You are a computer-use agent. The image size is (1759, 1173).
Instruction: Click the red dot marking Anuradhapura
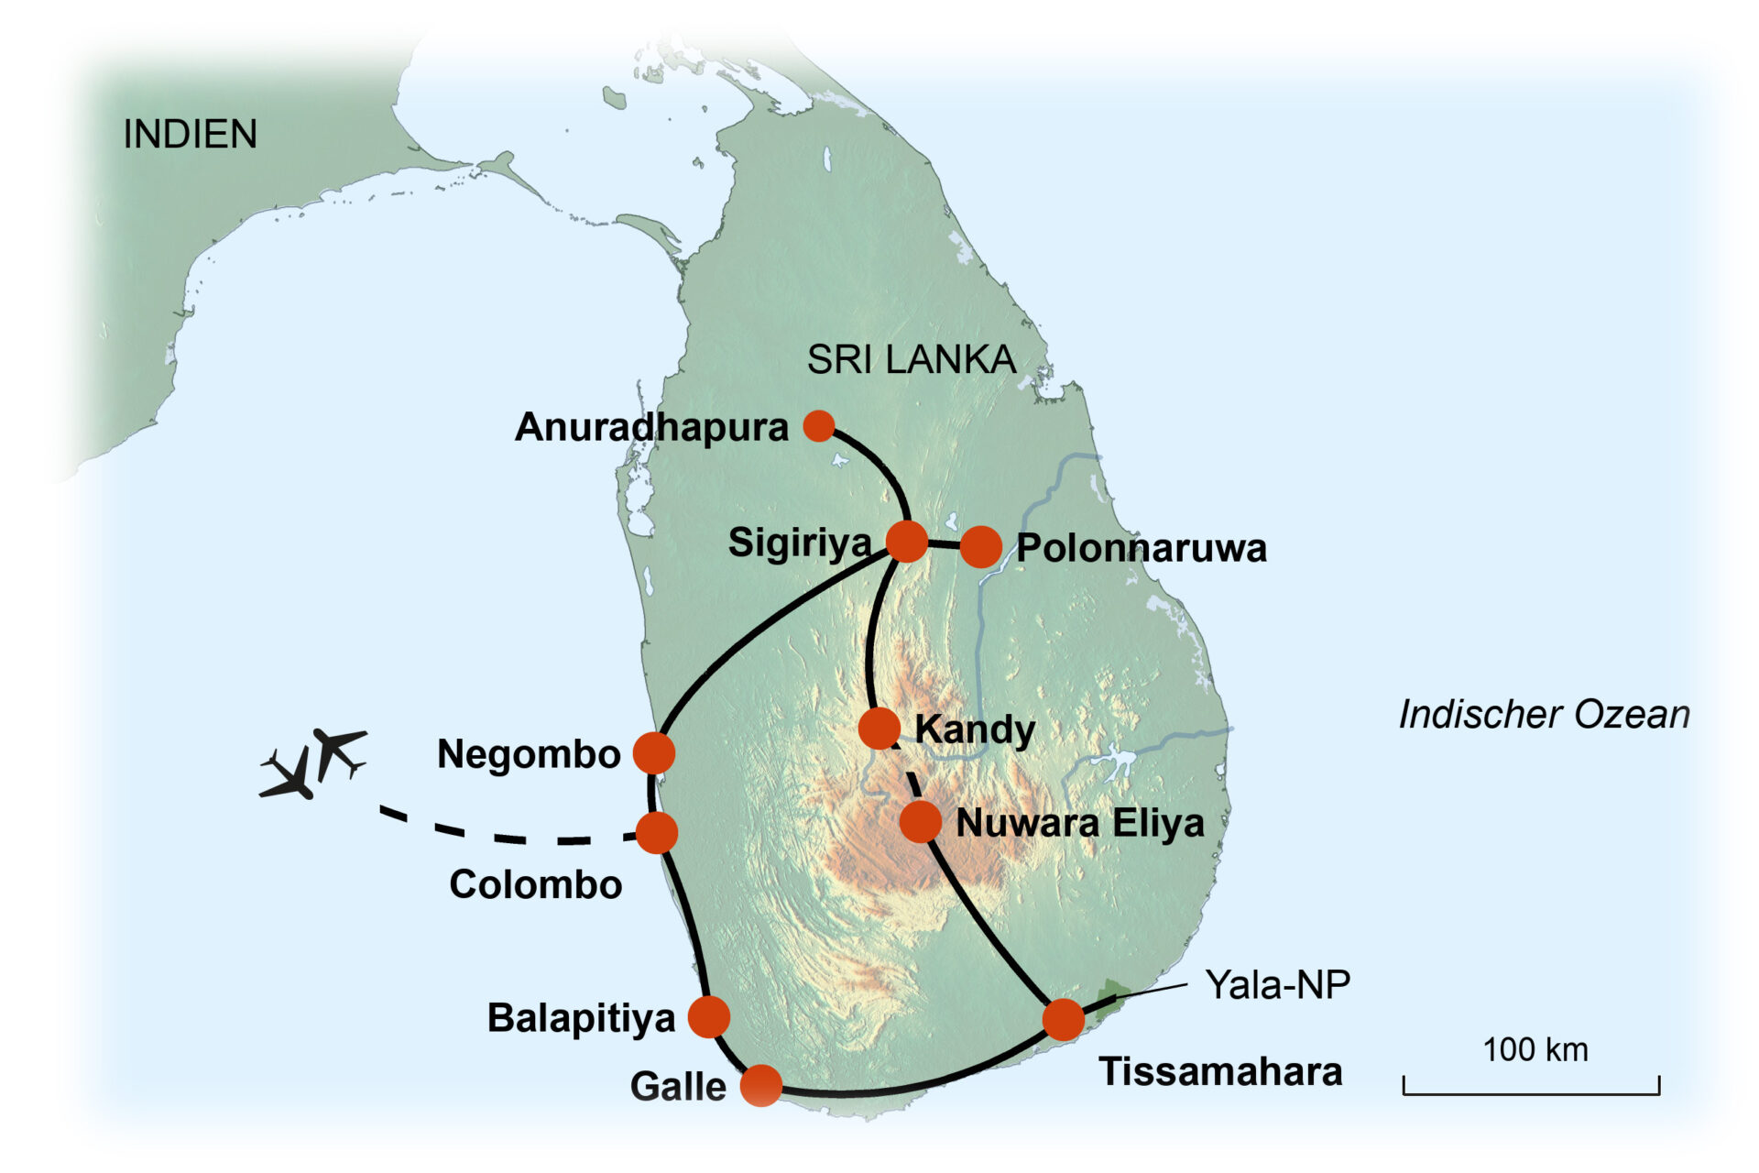818,425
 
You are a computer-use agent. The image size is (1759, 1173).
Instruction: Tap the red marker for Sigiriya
907,541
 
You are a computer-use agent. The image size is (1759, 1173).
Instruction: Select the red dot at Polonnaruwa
980,547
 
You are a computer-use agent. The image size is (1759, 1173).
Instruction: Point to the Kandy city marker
879,729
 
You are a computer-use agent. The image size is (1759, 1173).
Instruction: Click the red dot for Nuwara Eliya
920,821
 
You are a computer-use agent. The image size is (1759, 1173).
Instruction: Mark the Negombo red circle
654,753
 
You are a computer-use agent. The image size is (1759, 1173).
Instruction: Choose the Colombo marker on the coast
656,832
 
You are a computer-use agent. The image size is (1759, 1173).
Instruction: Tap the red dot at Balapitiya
708,1016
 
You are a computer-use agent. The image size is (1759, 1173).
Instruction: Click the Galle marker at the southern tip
760,1086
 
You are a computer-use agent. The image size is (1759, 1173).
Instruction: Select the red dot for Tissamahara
1063,1019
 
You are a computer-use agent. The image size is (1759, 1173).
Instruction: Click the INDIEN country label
190,135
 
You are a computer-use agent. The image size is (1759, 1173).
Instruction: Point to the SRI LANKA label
911,359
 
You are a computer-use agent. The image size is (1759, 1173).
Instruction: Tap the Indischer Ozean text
1544,715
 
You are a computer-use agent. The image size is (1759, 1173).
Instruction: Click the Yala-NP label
1277,985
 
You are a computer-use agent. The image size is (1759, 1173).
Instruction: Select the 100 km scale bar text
1535,1050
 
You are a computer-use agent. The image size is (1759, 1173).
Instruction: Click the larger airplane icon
290,775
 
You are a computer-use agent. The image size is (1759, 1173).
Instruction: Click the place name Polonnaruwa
1142,548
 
